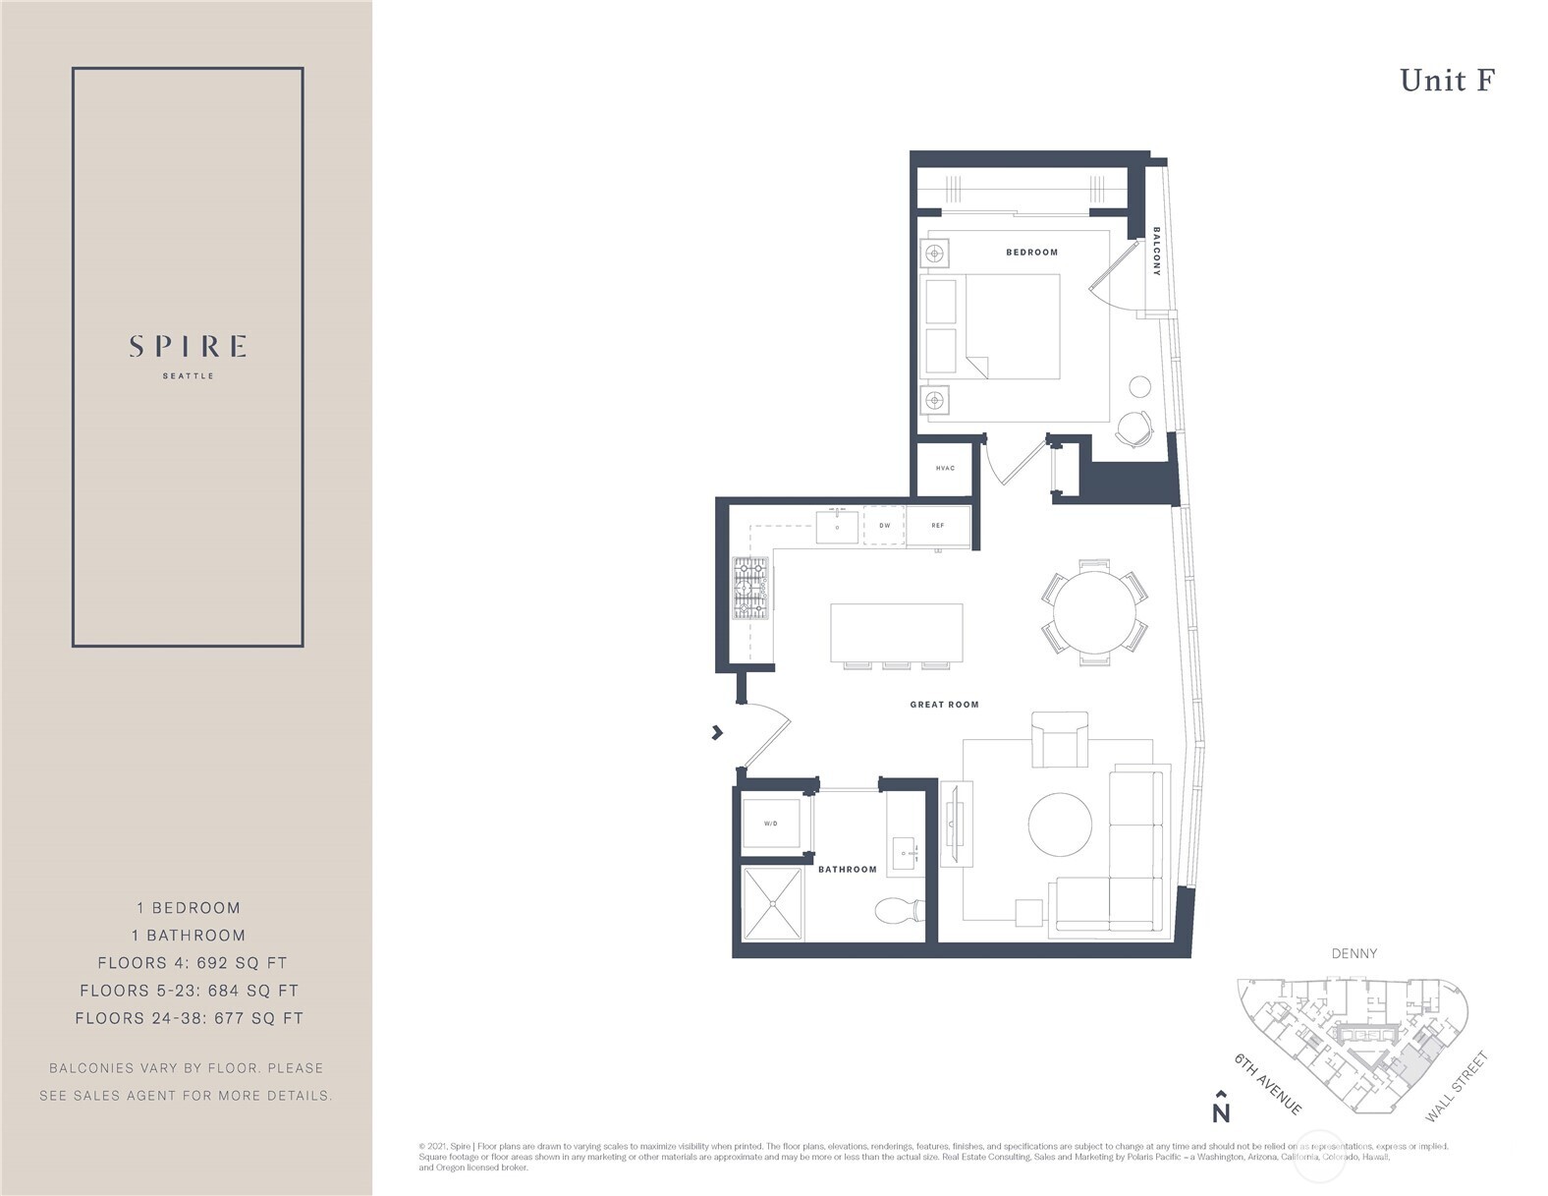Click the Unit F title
[1446, 81]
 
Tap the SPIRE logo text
[188, 347]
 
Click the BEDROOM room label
[1031, 253]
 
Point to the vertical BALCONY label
[1156, 252]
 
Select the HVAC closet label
[945, 468]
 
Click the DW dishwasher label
[884, 526]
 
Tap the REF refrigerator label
[937, 526]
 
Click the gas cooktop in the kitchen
[751, 589]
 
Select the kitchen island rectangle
[896, 633]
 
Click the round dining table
[1094, 612]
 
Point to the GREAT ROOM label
[944, 705]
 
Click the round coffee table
[1060, 824]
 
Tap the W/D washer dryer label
[771, 824]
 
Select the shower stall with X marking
[772, 902]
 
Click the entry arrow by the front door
[717, 732]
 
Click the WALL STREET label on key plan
[1457, 1087]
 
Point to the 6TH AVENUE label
[1268, 1084]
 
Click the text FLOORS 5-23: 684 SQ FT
[189, 991]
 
